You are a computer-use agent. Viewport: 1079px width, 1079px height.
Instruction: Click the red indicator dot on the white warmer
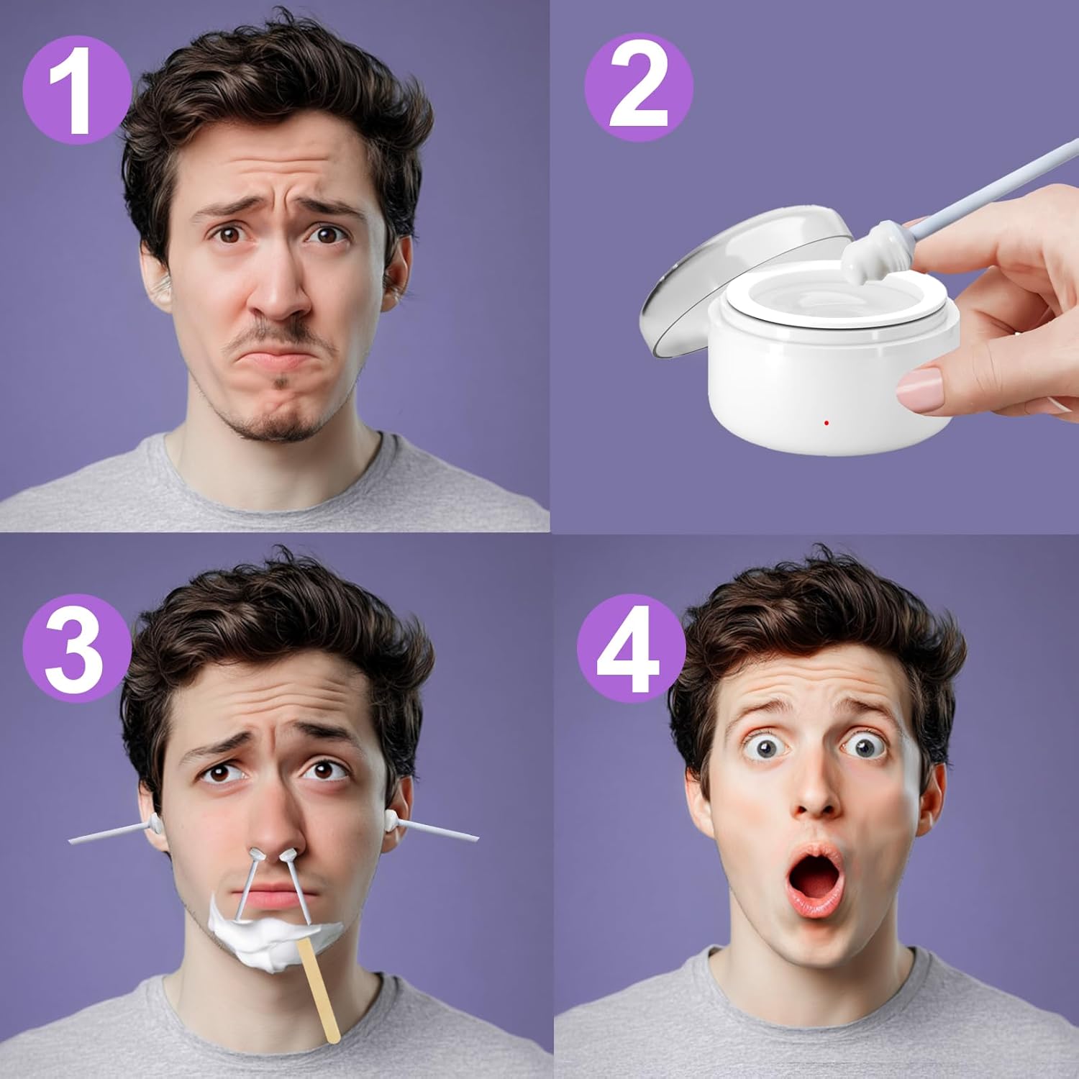coord(827,423)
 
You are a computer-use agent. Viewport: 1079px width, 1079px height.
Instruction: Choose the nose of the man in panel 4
coord(816,791)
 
